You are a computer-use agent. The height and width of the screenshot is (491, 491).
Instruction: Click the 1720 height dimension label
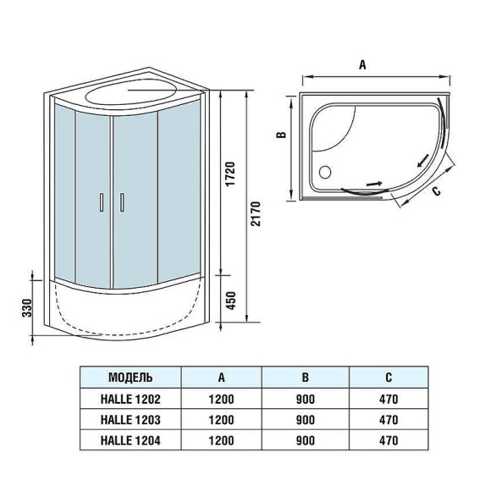click(x=229, y=174)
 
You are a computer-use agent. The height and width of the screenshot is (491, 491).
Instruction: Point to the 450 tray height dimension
click(x=229, y=299)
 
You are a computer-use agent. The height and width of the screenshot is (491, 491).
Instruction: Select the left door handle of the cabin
click(x=102, y=202)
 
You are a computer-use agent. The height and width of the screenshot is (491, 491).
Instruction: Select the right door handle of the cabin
click(x=122, y=202)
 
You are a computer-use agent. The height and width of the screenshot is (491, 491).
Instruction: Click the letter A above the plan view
click(x=362, y=64)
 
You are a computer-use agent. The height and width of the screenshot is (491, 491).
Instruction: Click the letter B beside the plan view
click(x=285, y=134)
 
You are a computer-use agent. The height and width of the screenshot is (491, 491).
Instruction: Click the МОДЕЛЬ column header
click(x=130, y=377)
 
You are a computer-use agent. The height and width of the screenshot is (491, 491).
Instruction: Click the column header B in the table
click(x=306, y=377)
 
